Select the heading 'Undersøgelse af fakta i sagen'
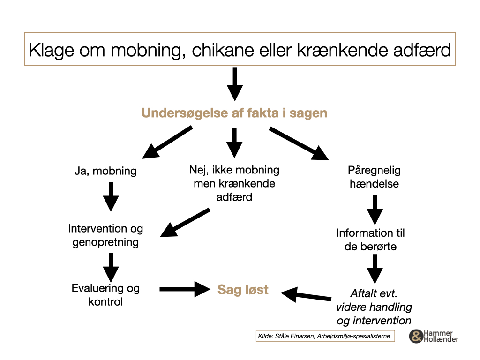pos(234,113)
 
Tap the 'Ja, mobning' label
pos(105,171)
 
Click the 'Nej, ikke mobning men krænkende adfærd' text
pos(234,183)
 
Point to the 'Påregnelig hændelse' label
pos(374,177)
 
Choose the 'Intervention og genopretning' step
pos(105,235)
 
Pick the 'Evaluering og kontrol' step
pos(105,295)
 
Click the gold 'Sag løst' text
pos(243,290)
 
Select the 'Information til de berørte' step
pos(370,240)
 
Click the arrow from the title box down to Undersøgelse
pos(235,84)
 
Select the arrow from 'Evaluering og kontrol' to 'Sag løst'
pos(185,289)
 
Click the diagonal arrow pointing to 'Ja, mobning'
pos(167,142)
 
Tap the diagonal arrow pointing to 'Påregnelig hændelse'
pos(299,144)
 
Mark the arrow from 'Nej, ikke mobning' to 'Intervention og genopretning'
pos(185,223)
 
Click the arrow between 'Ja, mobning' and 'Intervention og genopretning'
pos(111,197)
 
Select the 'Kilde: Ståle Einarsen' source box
pos(325,336)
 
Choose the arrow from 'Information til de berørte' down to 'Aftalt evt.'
pos(375,269)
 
